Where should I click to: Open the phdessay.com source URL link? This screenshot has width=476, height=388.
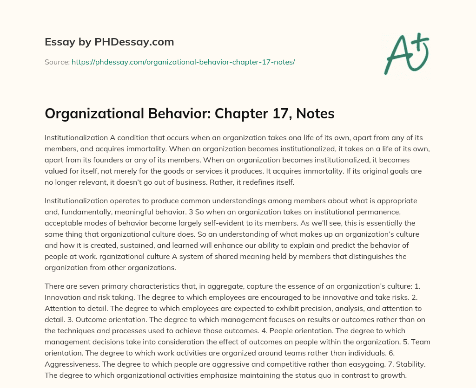pos(183,62)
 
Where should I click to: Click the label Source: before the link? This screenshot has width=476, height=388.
pos(57,62)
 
